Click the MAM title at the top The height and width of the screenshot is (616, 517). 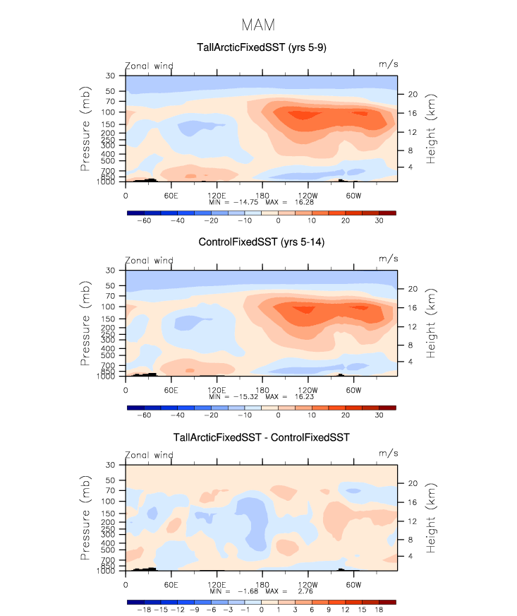click(258, 25)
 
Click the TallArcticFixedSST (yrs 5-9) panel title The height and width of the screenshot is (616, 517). click(261, 48)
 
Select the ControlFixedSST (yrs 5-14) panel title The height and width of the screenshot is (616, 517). click(261, 243)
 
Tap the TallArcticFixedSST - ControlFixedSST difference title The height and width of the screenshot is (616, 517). click(261, 438)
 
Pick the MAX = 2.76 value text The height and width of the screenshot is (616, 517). click(288, 591)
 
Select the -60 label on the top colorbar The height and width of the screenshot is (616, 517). click(144, 220)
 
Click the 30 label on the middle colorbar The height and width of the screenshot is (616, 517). click(379, 415)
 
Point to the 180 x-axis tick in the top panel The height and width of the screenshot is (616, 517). click(262, 194)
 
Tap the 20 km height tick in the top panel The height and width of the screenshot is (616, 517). click(414, 94)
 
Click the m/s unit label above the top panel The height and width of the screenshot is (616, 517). click(389, 64)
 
